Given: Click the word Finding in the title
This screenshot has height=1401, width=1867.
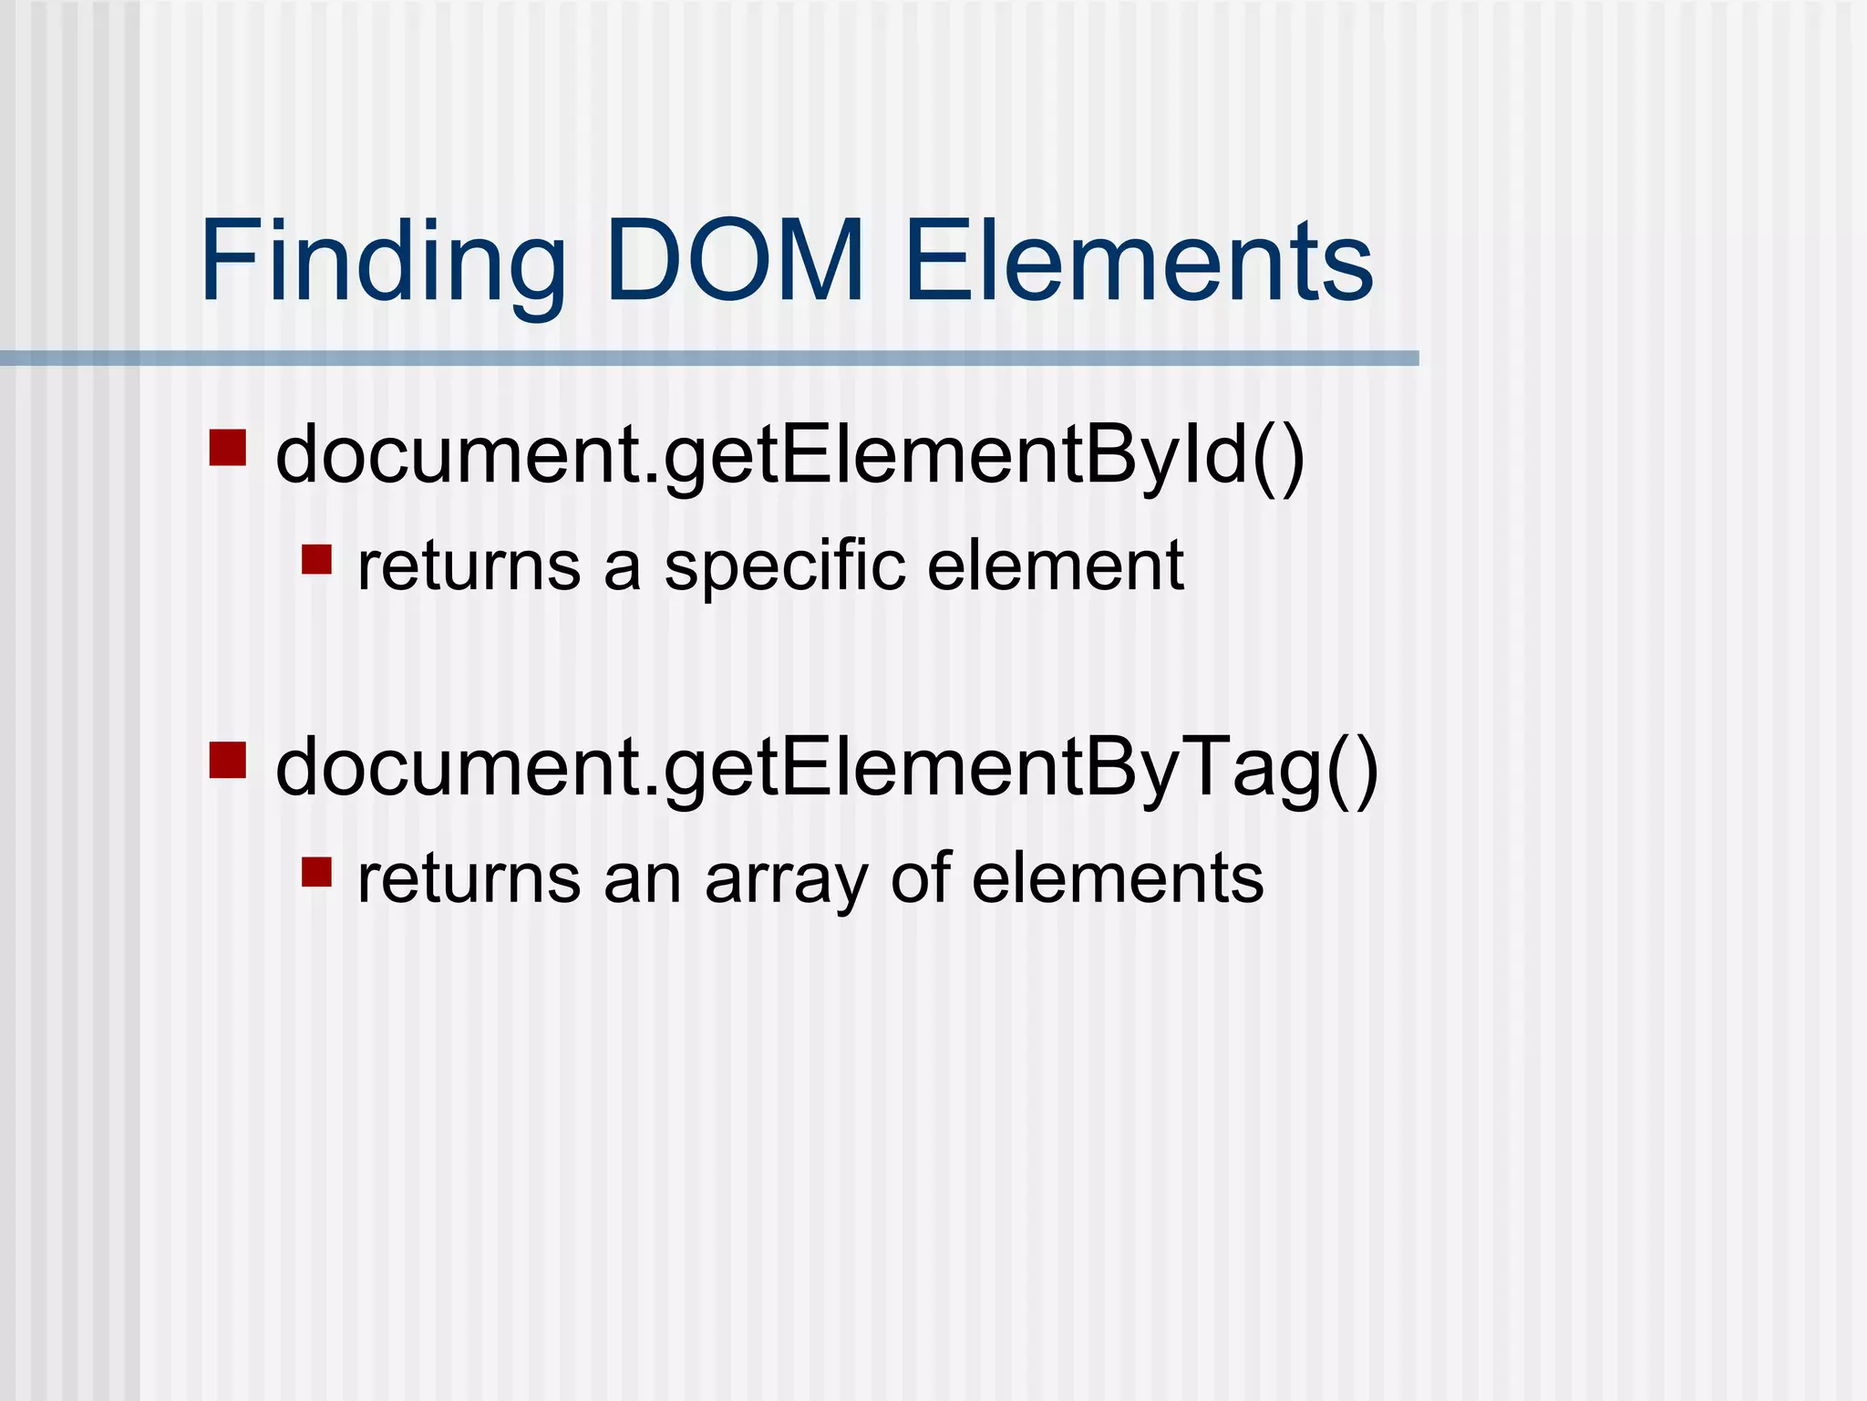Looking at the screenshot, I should [x=383, y=261].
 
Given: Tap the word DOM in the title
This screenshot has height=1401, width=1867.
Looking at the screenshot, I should [x=735, y=261].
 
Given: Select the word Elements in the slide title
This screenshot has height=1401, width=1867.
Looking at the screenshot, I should [x=1139, y=261].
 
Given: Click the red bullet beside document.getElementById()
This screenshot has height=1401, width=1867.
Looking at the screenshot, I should [x=227, y=448].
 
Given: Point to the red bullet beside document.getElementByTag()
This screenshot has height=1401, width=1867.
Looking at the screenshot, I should [x=227, y=760].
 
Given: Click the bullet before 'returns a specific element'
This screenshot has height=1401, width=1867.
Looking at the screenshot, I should [x=316, y=559].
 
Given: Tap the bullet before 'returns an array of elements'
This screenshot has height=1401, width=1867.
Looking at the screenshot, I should [x=316, y=872].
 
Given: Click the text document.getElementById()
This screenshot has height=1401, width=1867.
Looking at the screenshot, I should [x=789, y=455].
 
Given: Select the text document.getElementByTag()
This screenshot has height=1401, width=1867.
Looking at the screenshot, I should [x=826, y=768].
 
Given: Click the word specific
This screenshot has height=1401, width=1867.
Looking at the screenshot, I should [x=785, y=566].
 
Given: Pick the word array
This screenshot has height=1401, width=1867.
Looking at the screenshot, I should [x=786, y=879].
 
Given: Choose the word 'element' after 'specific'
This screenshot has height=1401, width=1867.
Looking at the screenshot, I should [x=1055, y=566].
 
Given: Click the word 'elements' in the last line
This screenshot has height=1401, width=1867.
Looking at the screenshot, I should [x=1118, y=879].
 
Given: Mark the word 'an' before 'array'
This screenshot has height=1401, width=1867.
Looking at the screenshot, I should [x=642, y=879].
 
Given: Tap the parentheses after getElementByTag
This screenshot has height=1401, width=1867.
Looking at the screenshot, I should [x=1352, y=768].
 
